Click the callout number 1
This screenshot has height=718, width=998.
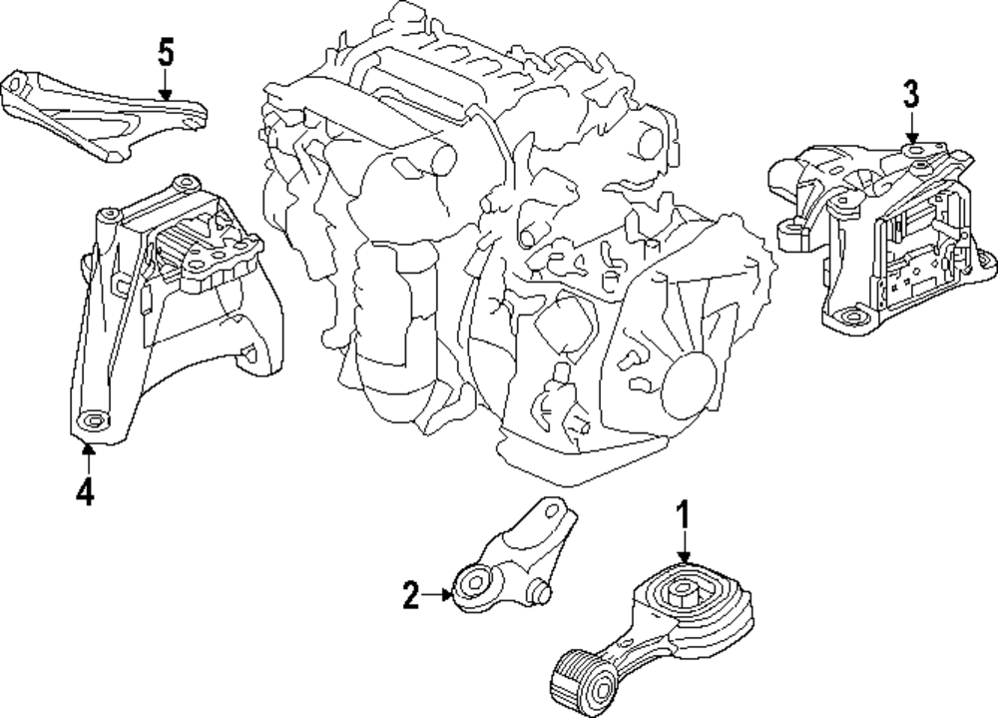[684, 516]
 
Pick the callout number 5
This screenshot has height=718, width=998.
[167, 51]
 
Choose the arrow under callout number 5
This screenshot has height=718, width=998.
[167, 84]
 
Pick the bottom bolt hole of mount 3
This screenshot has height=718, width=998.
[848, 321]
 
